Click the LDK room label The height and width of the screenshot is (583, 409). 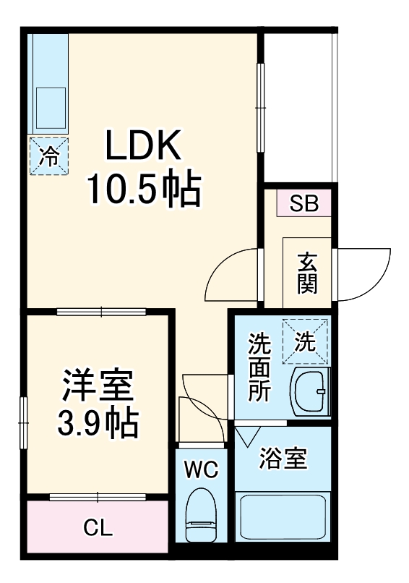coord(142,147)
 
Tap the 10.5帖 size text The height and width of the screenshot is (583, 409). coord(142,190)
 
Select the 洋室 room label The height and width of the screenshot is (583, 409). coord(98,386)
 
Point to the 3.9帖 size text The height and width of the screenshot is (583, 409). coord(98,423)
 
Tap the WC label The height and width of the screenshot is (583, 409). coord(201,470)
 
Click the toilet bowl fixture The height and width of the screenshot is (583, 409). coord(200,514)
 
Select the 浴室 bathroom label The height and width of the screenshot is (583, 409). coord(283,459)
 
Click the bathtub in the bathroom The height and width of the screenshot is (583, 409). coord(283,515)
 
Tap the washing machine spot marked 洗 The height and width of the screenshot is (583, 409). coord(306,341)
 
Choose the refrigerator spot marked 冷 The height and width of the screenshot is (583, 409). coord(49,156)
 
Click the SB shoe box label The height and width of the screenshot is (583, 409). coord(303,204)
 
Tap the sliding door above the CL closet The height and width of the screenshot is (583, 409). coord(98,497)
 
